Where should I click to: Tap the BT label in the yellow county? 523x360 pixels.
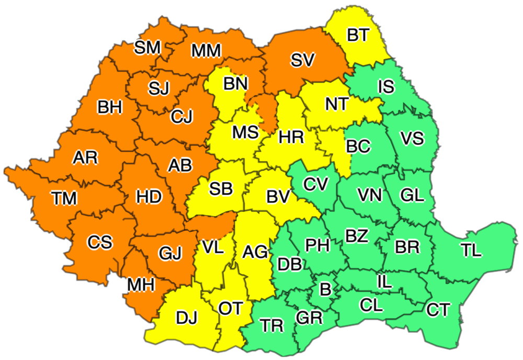pyautogui.click(x=358, y=36)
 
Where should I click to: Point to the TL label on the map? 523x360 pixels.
pyautogui.click(x=471, y=251)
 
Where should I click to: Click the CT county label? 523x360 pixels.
pyautogui.click(x=438, y=310)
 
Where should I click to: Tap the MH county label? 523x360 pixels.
pyautogui.click(x=141, y=285)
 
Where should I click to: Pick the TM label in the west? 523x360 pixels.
pyautogui.click(x=64, y=198)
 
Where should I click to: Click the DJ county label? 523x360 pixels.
pyautogui.click(x=187, y=317)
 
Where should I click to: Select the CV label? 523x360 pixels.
pyautogui.click(x=316, y=184)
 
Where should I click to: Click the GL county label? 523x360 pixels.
pyautogui.click(x=412, y=195)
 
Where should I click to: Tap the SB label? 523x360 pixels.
pyautogui.click(x=221, y=189)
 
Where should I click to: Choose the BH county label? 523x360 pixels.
pyautogui.click(x=109, y=107)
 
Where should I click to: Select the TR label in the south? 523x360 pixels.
pyautogui.click(x=272, y=325)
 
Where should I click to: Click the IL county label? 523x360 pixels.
pyautogui.click(x=384, y=283)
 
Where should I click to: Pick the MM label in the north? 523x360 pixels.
pyautogui.click(x=207, y=51)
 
